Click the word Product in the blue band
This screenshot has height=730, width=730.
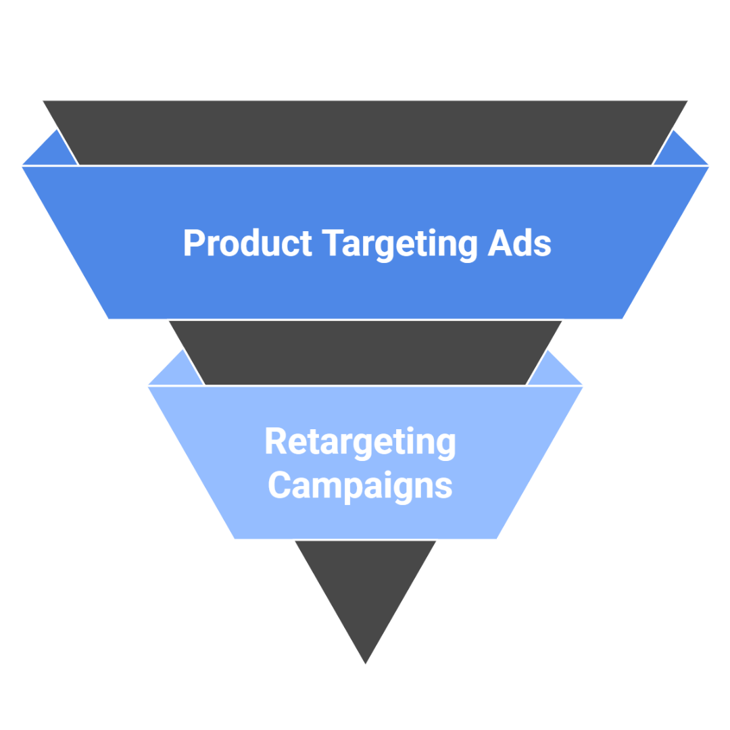point(247,243)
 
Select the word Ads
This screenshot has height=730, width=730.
point(519,243)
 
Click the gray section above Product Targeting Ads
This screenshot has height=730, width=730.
point(365,132)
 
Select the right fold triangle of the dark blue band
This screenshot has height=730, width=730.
point(679,152)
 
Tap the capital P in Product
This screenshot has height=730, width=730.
point(193,243)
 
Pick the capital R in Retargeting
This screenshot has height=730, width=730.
point(276,441)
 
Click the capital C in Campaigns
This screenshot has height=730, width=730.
point(280,485)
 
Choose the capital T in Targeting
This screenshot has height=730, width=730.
point(333,243)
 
